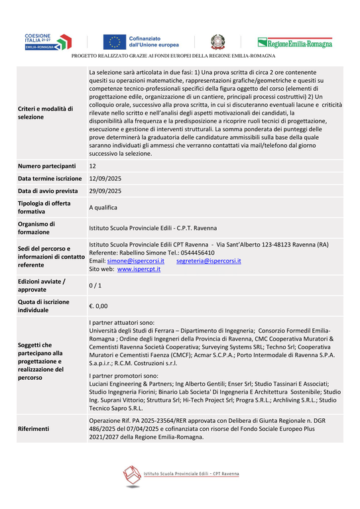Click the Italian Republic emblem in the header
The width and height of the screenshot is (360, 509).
coord(218,42)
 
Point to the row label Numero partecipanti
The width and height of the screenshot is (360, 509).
coord(47,166)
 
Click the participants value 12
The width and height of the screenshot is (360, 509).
coord(93,166)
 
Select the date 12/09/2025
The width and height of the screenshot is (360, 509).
coord(105,178)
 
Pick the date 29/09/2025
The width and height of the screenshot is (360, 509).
coord(105,191)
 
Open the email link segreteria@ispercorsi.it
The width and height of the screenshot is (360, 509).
coord(209,261)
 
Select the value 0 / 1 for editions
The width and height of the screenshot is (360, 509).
coord(95,285)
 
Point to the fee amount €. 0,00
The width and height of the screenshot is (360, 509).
coord(98,306)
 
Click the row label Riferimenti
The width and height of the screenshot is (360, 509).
coord(33,429)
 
